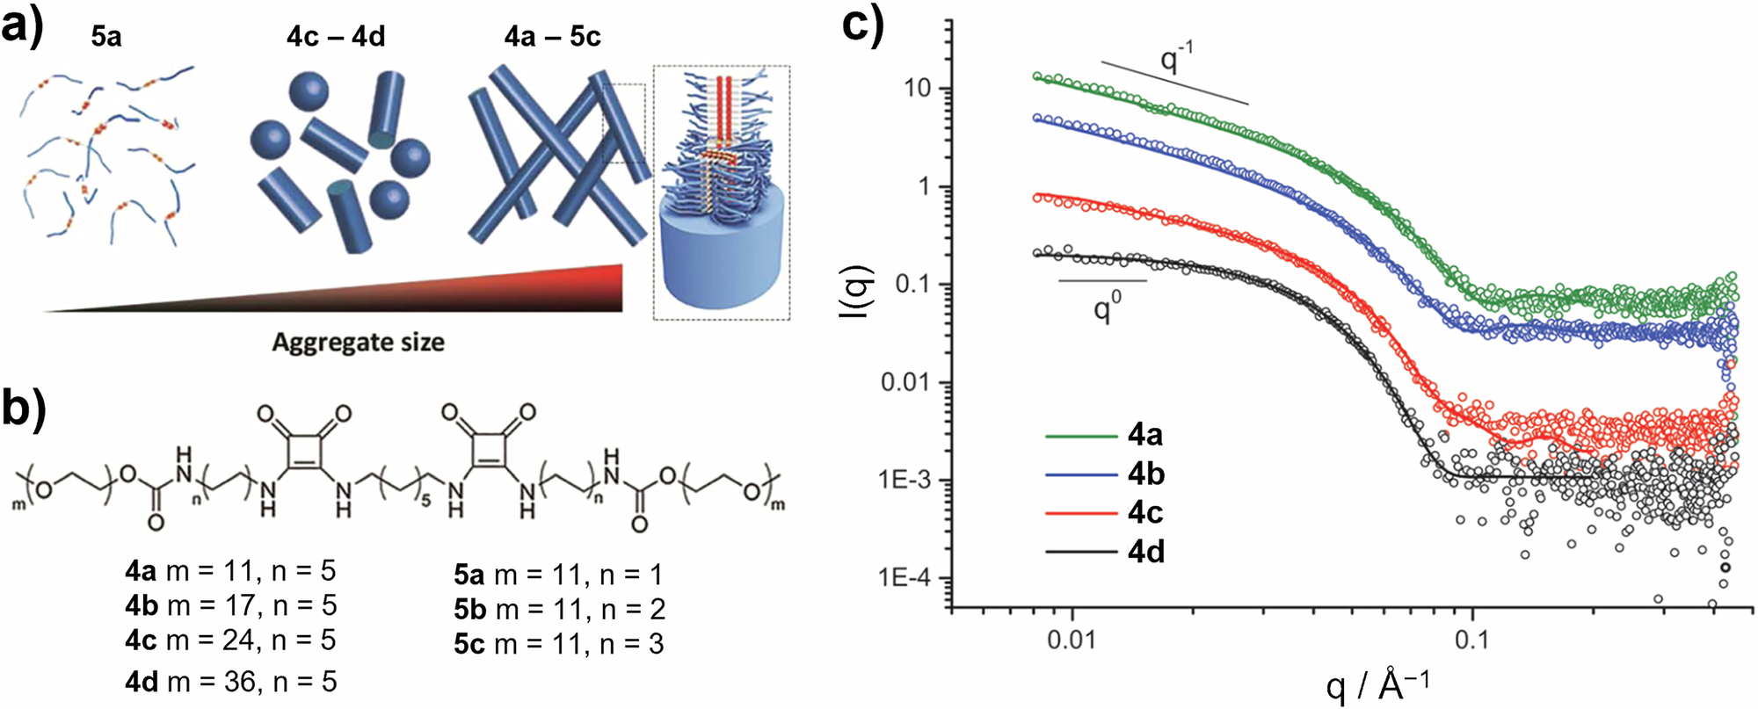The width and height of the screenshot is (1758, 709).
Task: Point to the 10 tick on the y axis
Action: click(924, 90)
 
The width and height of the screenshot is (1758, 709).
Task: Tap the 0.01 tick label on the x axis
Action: click(1071, 638)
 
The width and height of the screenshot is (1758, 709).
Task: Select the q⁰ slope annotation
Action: click(1107, 307)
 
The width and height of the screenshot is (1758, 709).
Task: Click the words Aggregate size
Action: click(358, 342)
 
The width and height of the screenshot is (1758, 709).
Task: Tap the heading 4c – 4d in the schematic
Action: click(336, 36)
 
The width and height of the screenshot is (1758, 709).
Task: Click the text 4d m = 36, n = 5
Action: click(230, 681)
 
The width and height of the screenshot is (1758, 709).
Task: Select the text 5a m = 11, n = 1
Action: click(558, 575)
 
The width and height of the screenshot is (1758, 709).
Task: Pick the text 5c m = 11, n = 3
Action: click(558, 644)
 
